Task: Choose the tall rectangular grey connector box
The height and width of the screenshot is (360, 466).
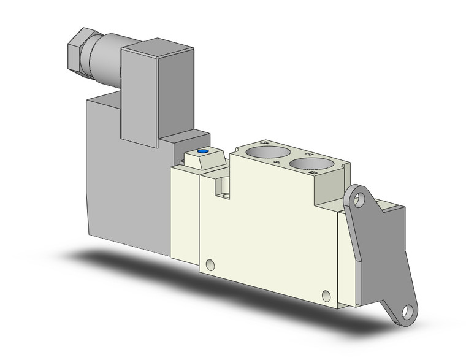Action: click(141, 98)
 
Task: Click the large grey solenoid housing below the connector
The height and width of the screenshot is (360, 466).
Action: click(123, 184)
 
